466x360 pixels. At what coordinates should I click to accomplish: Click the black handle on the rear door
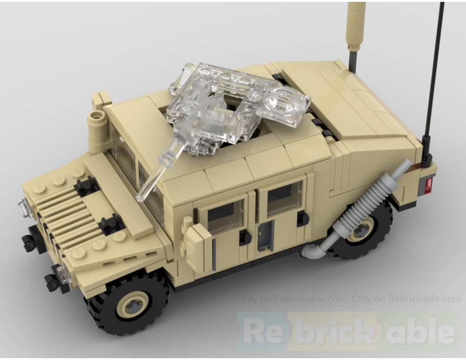tap(303, 218)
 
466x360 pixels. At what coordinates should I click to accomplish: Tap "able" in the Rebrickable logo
tap(419, 331)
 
